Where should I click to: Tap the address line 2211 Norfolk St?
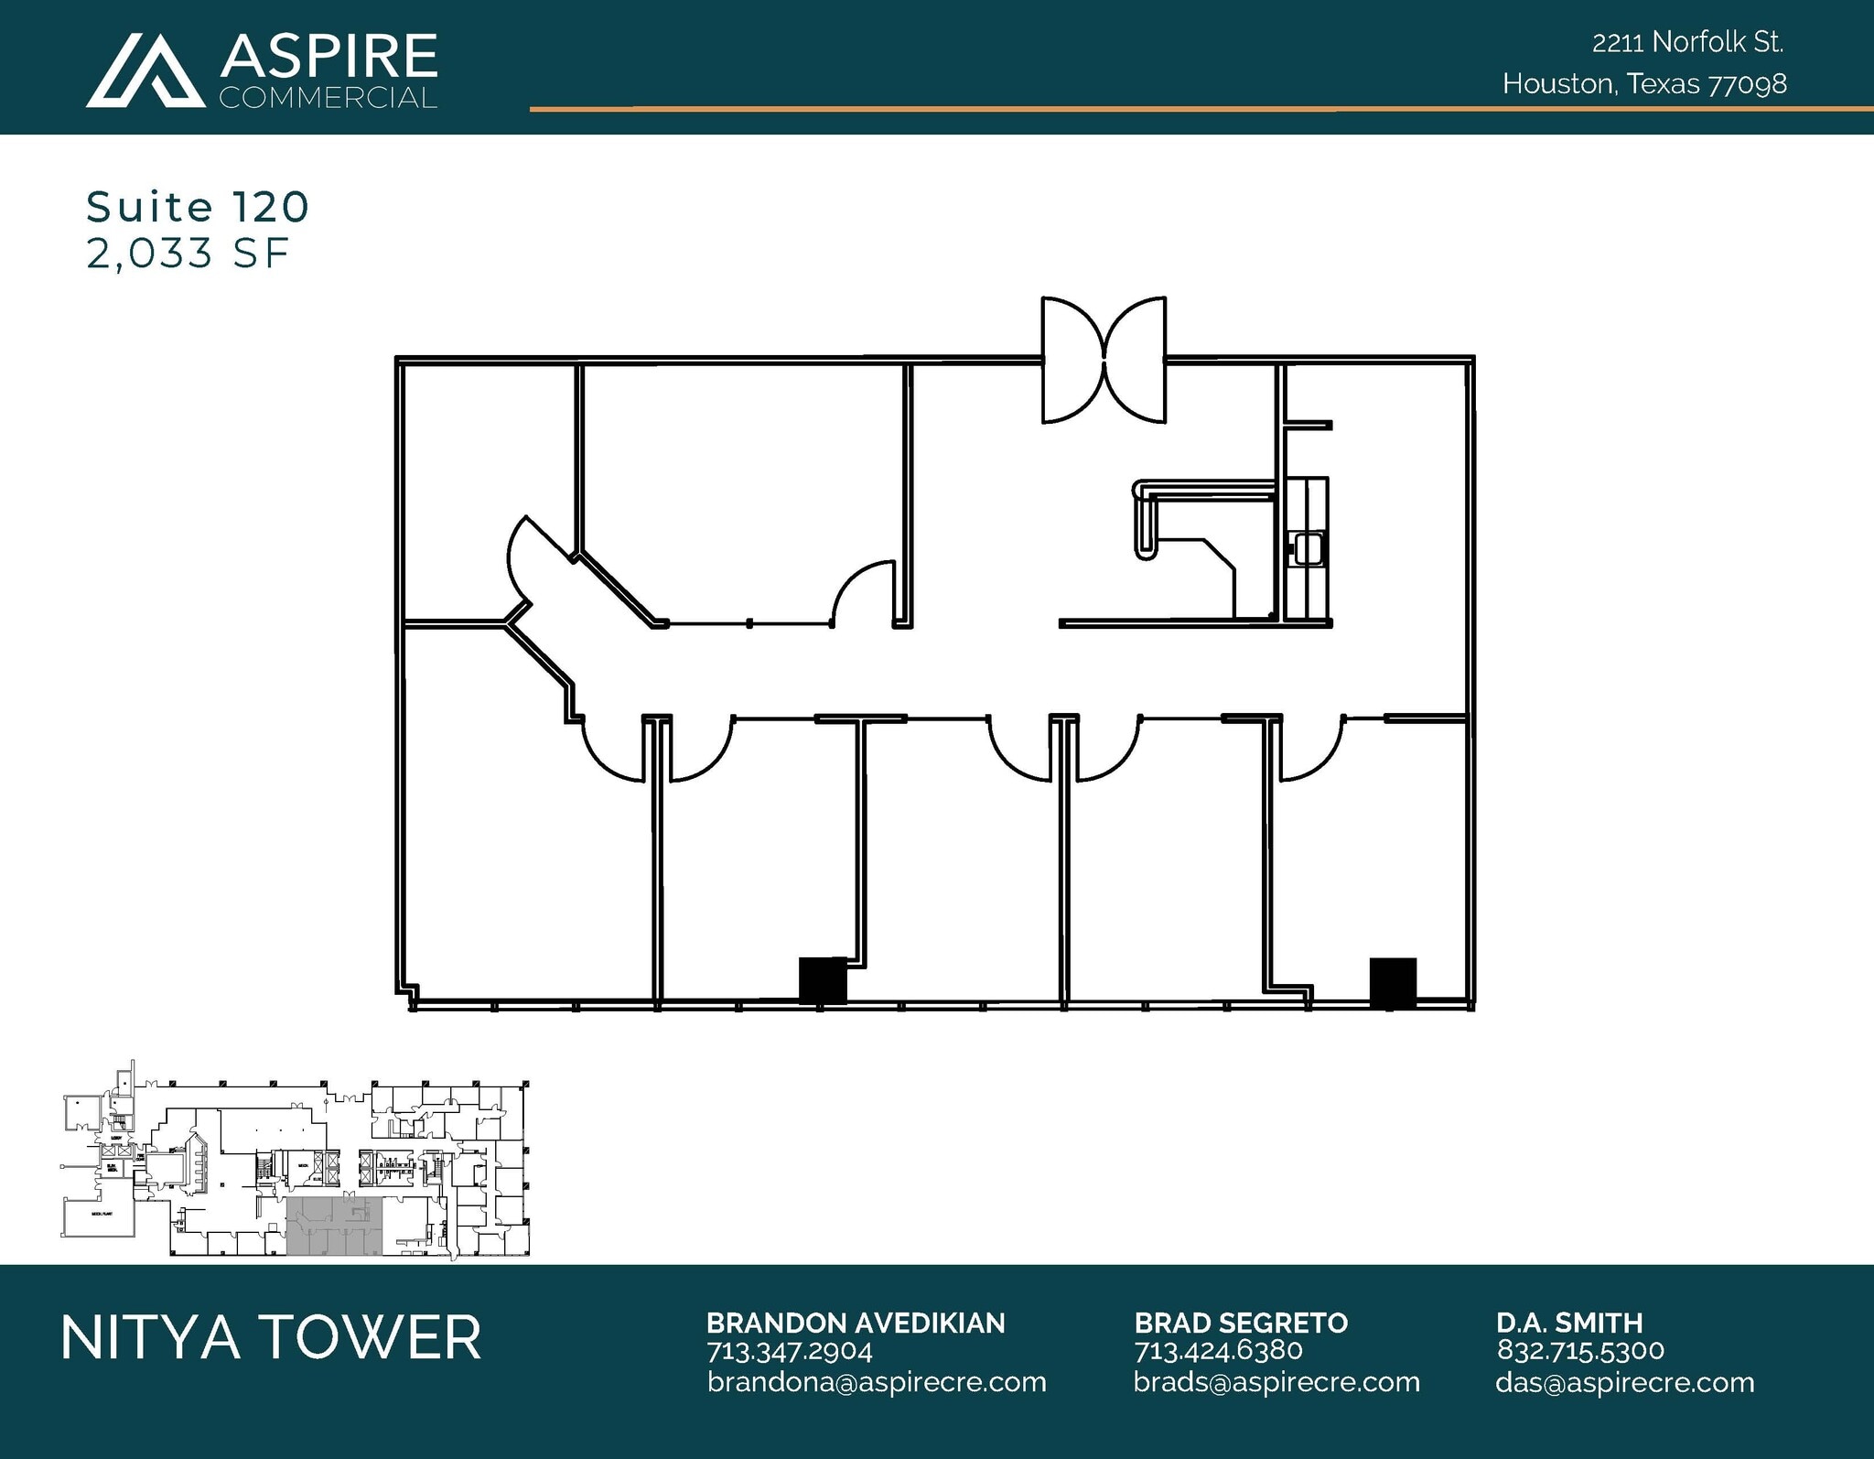click(1687, 42)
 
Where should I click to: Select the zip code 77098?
click(1747, 84)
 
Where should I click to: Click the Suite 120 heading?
click(198, 207)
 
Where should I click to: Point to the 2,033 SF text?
click(188, 254)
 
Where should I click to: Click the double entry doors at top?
click(1104, 361)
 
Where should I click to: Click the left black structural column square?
click(823, 980)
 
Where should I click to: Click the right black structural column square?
click(1392, 983)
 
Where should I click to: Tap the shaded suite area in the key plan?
click(334, 1227)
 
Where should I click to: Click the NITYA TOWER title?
click(271, 1337)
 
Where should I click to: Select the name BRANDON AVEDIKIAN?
click(855, 1323)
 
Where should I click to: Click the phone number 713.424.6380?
click(1218, 1350)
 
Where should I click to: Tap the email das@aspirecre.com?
click(1624, 1382)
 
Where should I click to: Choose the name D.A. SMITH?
click(1569, 1323)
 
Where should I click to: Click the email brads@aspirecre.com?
click(1276, 1382)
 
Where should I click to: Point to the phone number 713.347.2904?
click(789, 1350)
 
